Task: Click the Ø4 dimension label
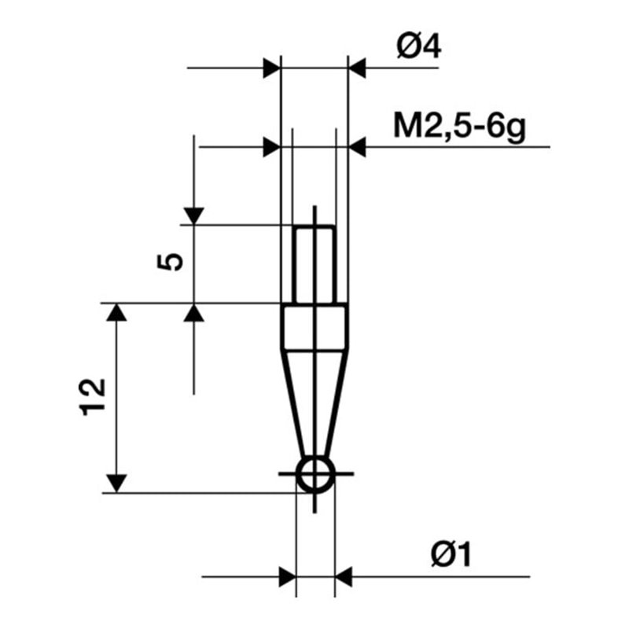(419, 48)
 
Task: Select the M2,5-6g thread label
(459, 125)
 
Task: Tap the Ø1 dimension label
(454, 557)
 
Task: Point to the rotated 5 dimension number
(172, 262)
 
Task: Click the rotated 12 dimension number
(94, 398)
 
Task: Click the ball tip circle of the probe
(314, 474)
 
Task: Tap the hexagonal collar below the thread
(314, 326)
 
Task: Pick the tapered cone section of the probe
(314, 401)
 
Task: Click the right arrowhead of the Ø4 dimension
(357, 68)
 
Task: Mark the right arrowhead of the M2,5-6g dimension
(357, 147)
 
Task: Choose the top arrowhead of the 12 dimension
(116, 313)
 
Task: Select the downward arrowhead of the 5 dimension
(193, 215)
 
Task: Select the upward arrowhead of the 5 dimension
(193, 313)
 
